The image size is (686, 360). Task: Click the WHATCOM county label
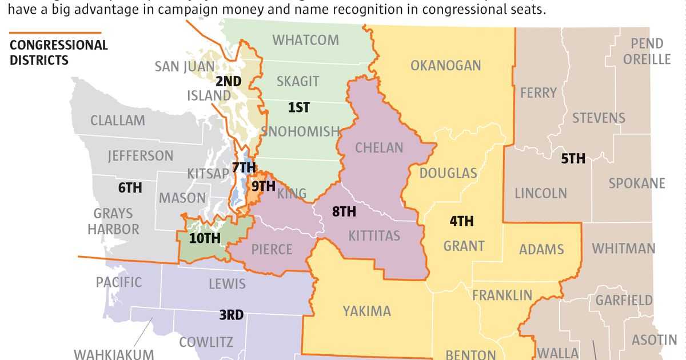tap(305, 40)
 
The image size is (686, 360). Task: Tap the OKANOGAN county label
tap(445, 66)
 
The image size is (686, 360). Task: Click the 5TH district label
tap(572, 158)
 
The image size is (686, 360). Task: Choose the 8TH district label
tap(344, 212)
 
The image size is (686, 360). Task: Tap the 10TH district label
tap(204, 239)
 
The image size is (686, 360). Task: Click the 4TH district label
tap(461, 221)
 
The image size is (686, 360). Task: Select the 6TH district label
tap(130, 187)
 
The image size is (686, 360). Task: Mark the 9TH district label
tap(263, 186)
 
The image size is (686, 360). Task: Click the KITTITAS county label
tap(374, 235)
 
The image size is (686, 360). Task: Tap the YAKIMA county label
tap(366, 311)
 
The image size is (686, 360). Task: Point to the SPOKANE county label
tap(636, 183)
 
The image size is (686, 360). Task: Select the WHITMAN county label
tap(623, 249)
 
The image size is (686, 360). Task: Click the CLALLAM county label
tap(117, 121)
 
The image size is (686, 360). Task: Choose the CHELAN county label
tap(379, 147)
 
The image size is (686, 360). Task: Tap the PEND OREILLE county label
tap(647, 51)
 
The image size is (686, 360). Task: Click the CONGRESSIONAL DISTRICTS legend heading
tap(58, 52)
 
